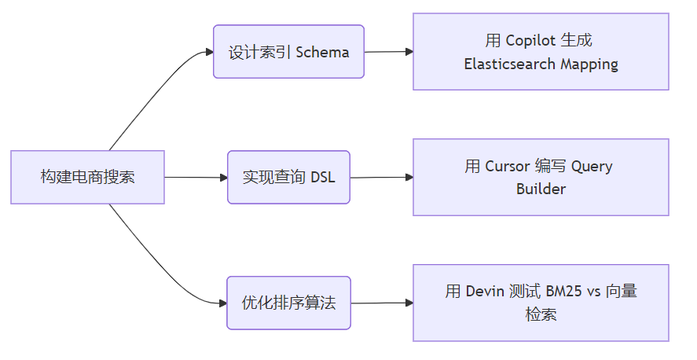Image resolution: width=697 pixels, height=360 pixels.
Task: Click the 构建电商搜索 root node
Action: pyautogui.click(x=87, y=177)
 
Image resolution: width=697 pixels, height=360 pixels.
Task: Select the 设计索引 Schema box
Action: pyautogui.click(x=288, y=52)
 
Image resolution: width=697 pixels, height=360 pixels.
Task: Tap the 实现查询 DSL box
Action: pyautogui.click(x=288, y=177)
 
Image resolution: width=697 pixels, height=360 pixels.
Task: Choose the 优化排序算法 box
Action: pyautogui.click(x=288, y=303)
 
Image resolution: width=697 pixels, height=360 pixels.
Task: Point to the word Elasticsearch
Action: pyautogui.click(x=510, y=64)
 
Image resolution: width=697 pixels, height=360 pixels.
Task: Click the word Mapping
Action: pyautogui.click(x=589, y=64)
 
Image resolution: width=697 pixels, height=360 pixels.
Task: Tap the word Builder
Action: pyautogui.click(x=541, y=189)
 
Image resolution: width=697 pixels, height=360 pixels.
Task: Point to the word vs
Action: pyautogui.click(x=594, y=292)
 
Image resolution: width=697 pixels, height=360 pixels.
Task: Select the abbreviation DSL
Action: pyautogui.click(x=322, y=177)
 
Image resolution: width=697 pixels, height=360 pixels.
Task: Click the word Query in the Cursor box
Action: pyautogui.click(x=592, y=166)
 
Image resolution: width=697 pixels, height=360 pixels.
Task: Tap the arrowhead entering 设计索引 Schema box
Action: pyautogui.click(x=209, y=52)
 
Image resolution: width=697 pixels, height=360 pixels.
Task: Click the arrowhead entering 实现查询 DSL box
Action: pyautogui.click(x=222, y=178)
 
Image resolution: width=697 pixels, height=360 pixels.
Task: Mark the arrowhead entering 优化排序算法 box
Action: pyautogui.click(x=222, y=303)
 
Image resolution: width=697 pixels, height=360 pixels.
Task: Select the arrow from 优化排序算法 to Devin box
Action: pyautogui.click(x=381, y=303)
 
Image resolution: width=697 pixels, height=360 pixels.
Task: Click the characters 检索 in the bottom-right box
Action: pyautogui.click(x=541, y=314)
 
